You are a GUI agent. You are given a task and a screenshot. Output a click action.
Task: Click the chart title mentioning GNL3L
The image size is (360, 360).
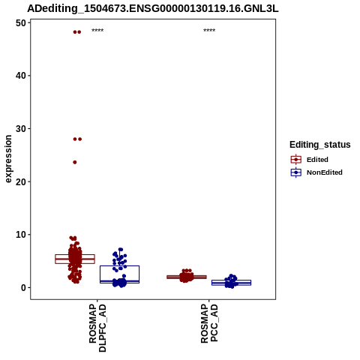pyautogui.click(x=153, y=8)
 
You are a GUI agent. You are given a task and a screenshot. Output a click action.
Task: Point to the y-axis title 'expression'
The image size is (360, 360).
pyautogui.click(x=8, y=159)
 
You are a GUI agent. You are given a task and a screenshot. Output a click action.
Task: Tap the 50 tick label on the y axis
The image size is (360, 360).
pyautogui.click(x=21, y=23)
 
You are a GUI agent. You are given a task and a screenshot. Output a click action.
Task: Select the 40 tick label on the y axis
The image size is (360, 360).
pyautogui.click(x=21, y=76)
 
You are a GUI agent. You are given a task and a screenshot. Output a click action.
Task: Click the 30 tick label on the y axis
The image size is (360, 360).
pyautogui.click(x=21, y=129)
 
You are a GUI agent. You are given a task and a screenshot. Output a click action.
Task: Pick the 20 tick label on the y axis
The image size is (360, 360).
pyautogui.click(x=21, y=181)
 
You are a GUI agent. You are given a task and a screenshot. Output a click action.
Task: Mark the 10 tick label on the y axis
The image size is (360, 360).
pyautogui.click(x=21, y=235)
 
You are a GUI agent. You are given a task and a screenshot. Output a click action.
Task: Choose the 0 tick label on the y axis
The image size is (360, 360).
pyautogui.click(x=24, y=288)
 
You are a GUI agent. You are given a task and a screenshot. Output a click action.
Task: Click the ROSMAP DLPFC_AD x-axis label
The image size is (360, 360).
pyautogui.click(x=97, y=328)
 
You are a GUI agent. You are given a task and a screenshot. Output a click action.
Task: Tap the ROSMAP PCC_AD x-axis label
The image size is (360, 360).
pyautogui.click(x=209, y=323)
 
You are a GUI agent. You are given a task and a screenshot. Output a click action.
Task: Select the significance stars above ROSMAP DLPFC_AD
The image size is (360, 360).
pyautogui.click(x=97, y=31)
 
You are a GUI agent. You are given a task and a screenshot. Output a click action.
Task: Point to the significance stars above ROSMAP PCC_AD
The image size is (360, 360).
pyautogui.click(x=209, y=31)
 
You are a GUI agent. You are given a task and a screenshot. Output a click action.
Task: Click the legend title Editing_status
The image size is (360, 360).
pyautogui.click(x=320, y=145)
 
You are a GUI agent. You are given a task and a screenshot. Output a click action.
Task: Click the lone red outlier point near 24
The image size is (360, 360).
pyautogui.click(x=75, y=162)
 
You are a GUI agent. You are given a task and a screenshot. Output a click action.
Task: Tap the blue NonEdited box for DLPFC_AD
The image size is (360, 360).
pyautogui.click(x=119, y=265)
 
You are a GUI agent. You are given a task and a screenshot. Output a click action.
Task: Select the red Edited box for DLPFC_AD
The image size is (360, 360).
pyautogui.click(x=75, y=255)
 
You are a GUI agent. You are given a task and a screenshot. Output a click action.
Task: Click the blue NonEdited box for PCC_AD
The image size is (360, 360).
pyautogui.click(x=231, y=280)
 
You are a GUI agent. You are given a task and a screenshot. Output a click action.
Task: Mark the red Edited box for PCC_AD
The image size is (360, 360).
pyautogui.click(x=187, y=275)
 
